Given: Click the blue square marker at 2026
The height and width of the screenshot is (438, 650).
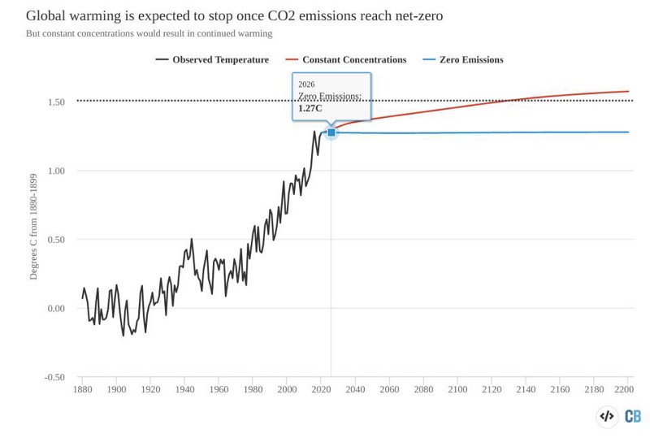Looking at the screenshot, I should coord(331,132).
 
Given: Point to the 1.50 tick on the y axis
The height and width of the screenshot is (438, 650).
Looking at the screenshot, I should coord(55,102).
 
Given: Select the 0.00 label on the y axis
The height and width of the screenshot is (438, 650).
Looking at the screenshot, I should coord(55,308).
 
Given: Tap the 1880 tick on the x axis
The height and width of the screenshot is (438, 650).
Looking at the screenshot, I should coord(82,389).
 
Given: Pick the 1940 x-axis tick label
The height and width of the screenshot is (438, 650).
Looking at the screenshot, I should coord(184,389).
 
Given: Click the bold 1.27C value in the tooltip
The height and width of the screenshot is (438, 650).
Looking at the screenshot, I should coord(310,107).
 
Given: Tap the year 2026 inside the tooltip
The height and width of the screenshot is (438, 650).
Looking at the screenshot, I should coord(306,84).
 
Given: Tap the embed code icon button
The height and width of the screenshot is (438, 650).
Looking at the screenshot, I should coord(607,416).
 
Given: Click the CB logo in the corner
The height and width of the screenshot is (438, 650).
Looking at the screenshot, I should coord(632,416).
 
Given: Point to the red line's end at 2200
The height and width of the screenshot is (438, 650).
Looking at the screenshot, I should coord(628,91).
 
